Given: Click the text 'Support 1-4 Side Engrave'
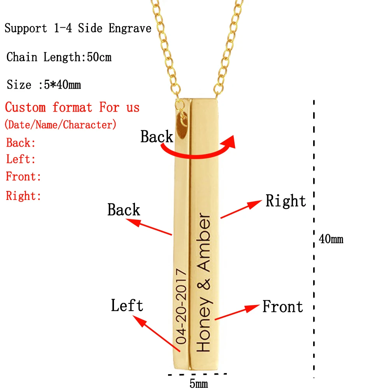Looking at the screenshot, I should [78, 29].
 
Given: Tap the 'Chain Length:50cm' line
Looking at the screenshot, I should [59, 58].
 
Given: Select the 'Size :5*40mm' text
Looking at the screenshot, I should [44, 84].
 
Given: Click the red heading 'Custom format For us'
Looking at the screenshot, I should [72, 107].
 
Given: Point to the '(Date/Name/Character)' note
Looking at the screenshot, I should [60, 125].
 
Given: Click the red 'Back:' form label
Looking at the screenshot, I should [21, 143].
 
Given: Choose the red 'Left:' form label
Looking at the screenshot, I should [21, 159].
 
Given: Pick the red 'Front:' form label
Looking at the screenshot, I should [23, 177].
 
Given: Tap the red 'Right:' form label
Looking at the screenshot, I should [24, 196].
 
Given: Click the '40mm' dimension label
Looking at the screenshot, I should [331, 239].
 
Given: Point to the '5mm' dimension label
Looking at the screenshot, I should [198, 384].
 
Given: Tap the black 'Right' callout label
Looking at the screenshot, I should [286, 201].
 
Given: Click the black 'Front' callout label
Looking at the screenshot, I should [283, 307].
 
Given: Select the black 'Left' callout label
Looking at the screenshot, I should [127, 305].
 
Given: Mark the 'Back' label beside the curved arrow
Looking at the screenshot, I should [157, 137].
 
